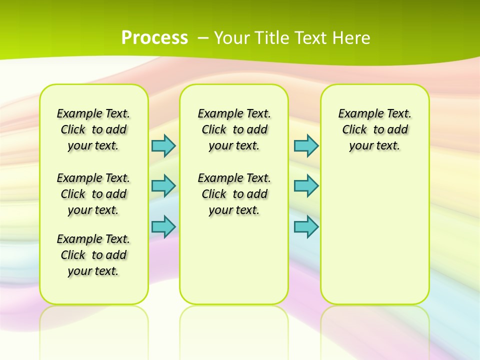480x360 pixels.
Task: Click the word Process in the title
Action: coord(154,37)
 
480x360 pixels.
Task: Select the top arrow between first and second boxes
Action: coord(163,145)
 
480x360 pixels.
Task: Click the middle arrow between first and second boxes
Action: coord(163,185)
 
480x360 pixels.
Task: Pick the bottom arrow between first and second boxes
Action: coord(163,226)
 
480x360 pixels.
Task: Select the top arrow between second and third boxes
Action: coord(306,145)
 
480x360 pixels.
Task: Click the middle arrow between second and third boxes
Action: coord(306,185)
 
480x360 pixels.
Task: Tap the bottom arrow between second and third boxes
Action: coord(306,226)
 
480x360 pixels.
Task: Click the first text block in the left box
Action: coord(93,129)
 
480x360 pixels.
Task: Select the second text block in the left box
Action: coord(93,194)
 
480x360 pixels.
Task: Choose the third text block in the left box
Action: coord(93,255)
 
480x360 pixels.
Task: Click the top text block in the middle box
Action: coord(234,129)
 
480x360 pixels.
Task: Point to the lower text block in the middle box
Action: coord(234,194)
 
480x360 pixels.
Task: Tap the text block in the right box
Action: coord(374,129)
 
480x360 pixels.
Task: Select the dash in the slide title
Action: coord(203,37)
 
